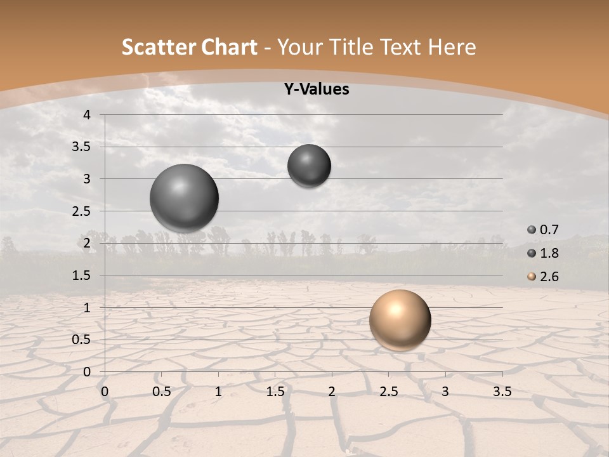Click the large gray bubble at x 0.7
(x=185, y=198)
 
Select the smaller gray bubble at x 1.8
(x=309, y=166)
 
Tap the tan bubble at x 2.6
(x=400, y=320)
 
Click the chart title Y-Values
(x=317, y=89)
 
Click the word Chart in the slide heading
(x=229, y=47)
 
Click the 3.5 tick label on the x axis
(x=502, y=392)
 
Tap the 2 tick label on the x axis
(x=332, y=392)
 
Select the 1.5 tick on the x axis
(x=275, y=392)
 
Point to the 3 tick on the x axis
(x=445, y=392)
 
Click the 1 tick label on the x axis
(x=218, y=392)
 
